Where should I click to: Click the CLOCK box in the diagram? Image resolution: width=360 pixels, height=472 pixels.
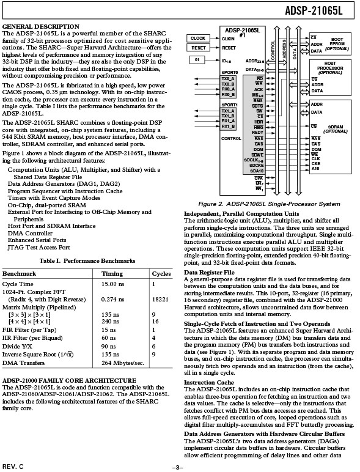[197, 38]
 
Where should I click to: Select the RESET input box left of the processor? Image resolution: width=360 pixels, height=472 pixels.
[197, 47]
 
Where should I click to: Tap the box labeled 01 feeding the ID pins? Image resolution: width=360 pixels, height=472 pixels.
[197, 59]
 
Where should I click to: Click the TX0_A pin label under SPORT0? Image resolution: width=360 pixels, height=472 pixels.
[228, 79]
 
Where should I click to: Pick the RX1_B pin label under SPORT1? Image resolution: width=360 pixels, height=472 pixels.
[228, 127]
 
